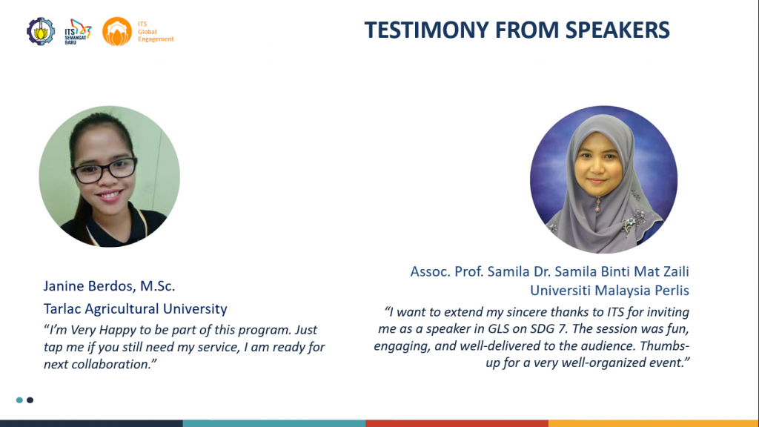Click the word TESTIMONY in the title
pyautogui.click(x=426, y=30)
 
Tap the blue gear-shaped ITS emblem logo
pyautogui.click(x=41, y=31)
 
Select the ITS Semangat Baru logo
pyautogui.click(x=78, y=32)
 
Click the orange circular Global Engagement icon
pyautogui.click(x=116, y=31)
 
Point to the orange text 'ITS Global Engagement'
pyautogui.click(x=156, y=31)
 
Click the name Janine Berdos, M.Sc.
pyautogui.click(x=110, y=286)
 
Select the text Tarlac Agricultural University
pyautogui.click(x=136, y=309)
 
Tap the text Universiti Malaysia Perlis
pyautogui.click(x=609, y=291)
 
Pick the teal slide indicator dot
pyautogui.click(x=19, y=400)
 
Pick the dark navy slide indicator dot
pyautogui.click(x=30, y=400)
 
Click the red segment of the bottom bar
pyautogui.click(x=457, y=423)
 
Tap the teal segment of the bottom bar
pyautogui.click(x=274, y=423)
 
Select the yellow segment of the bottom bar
pyautogui.click(x=654, y=423)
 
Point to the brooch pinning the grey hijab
pyautogui.click(x=598, y=205)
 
